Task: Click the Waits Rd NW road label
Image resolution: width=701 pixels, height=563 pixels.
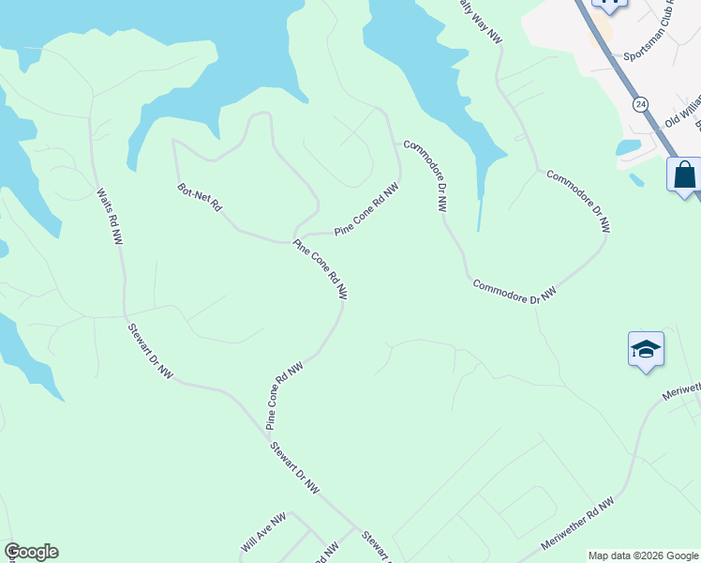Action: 110,217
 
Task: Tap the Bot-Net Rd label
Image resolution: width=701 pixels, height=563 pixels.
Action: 199,197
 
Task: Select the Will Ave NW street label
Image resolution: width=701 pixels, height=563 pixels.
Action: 262,532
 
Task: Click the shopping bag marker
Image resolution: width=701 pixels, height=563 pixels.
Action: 684,175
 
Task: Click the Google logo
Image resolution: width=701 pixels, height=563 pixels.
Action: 31,552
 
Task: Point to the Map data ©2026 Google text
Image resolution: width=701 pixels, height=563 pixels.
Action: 643,555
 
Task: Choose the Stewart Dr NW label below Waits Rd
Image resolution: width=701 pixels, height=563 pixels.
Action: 151,352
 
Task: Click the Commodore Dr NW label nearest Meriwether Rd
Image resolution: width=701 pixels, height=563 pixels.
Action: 515,291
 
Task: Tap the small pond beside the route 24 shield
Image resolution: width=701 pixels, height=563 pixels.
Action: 628,147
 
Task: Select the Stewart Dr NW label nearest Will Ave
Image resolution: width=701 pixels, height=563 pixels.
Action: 295,467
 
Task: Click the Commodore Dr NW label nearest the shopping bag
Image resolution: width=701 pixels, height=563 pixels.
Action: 578,201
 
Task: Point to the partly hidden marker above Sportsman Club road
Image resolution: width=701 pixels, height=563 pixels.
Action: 609,6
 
